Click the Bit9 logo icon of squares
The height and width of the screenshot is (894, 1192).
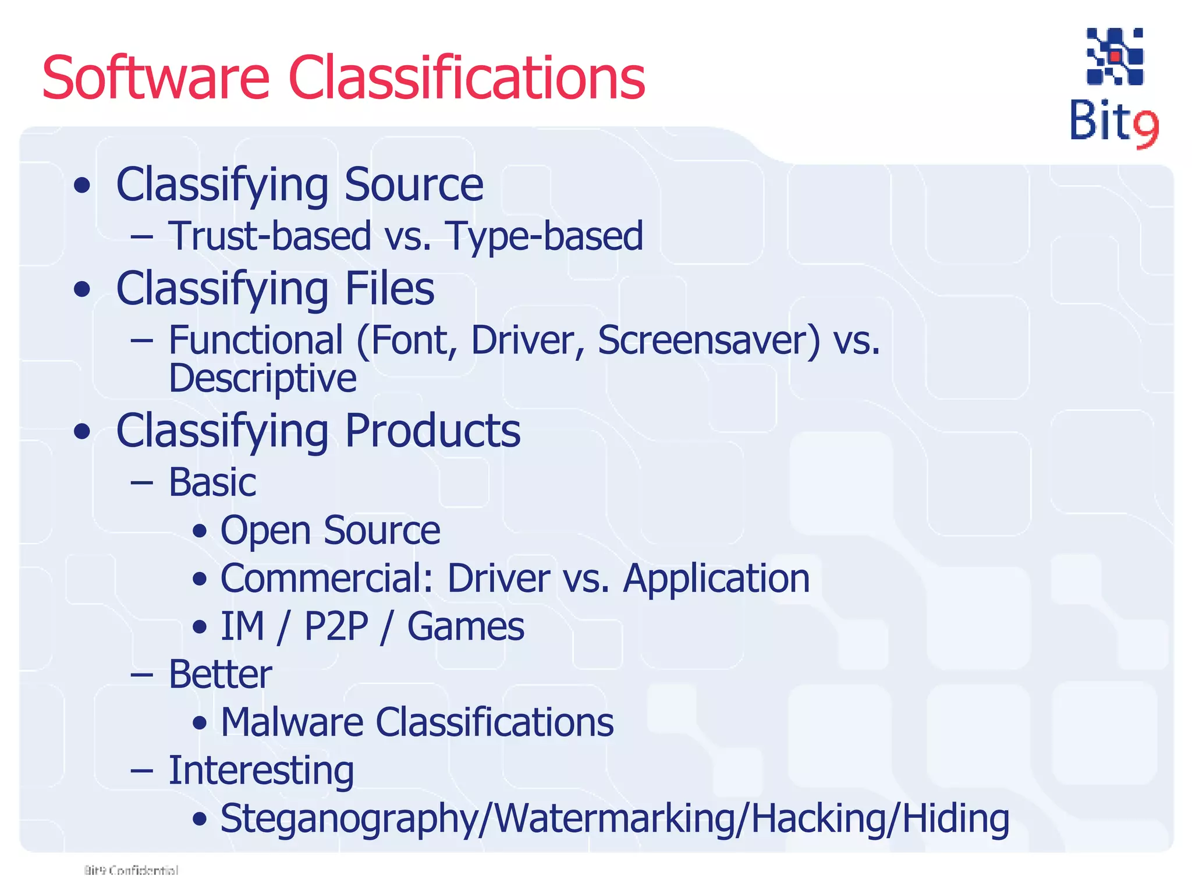click(x=1115, y=56)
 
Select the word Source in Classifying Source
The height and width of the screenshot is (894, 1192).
click(x=413, y=185)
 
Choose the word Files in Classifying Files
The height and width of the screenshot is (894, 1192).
click(x=389, y=288)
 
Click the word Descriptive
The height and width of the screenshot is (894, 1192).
click(x=262, y=378)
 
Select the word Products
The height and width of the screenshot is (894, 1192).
click(x=432, y=431)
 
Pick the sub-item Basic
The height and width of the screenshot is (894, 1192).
click(x=212, y=483)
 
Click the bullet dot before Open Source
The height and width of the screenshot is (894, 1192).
click(x=200, y=531)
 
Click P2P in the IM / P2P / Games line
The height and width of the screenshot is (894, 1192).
click(x=336, y=627)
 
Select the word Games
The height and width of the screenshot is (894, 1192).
click(x=466, y=627)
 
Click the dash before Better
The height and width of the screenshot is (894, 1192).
click(x=142, y=675)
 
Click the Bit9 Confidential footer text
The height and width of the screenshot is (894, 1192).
click(x=131, y=870)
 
